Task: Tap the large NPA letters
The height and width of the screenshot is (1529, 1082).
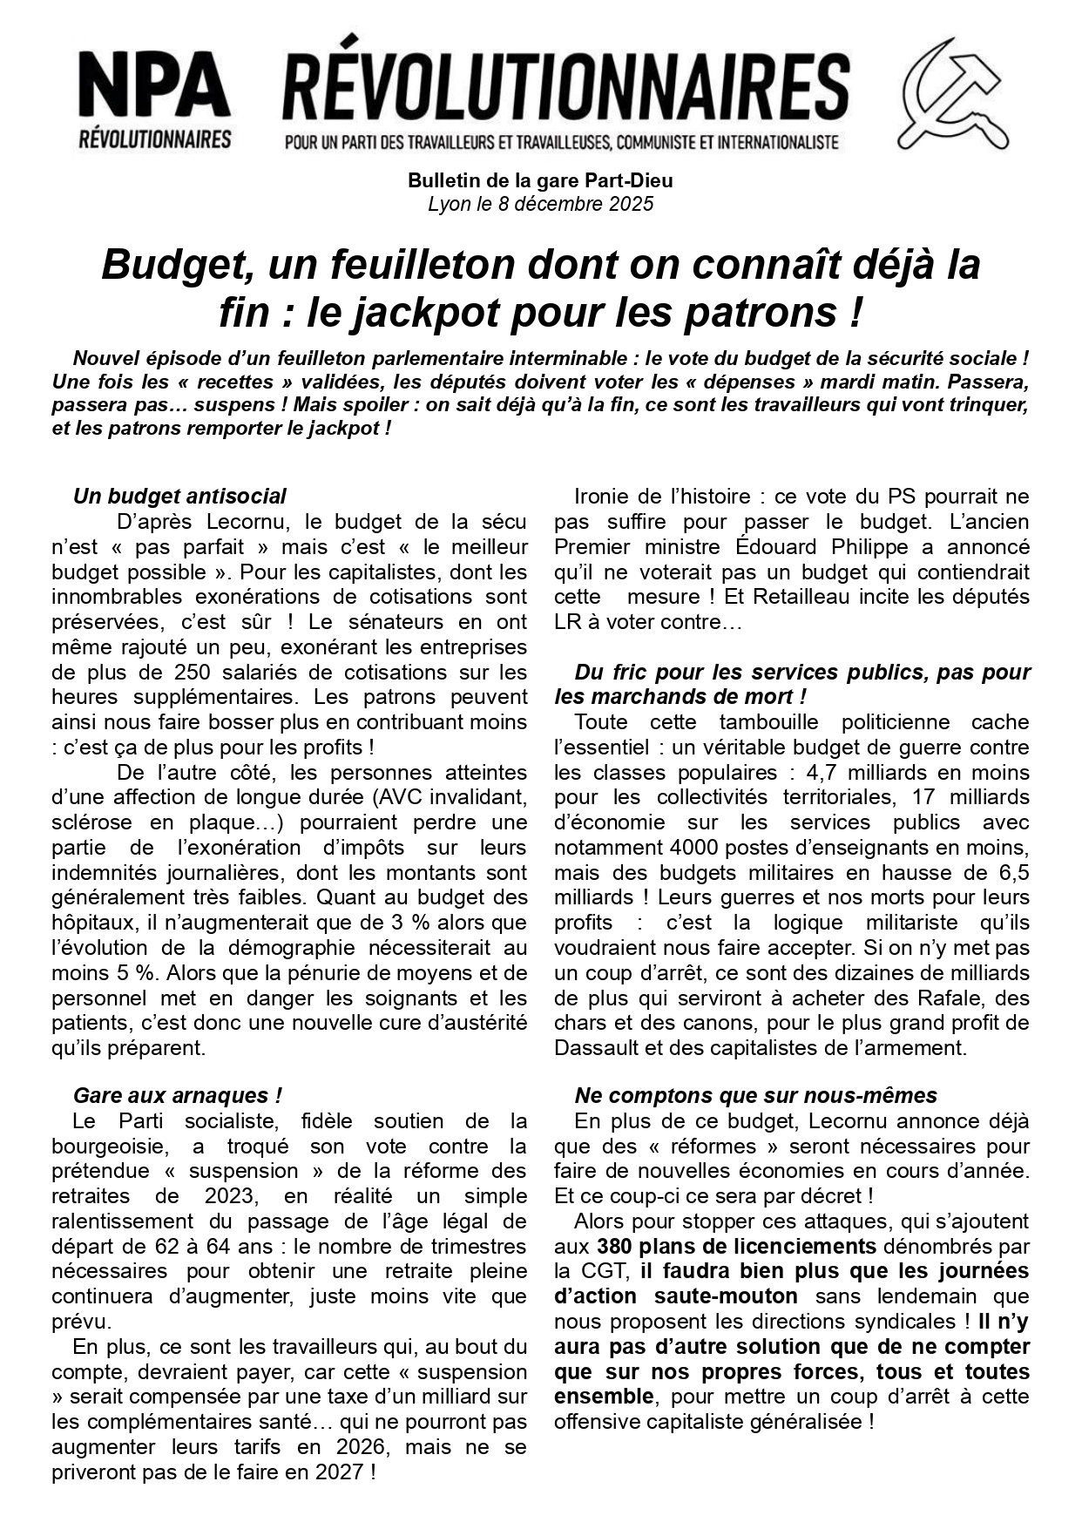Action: click(x=154, y=87)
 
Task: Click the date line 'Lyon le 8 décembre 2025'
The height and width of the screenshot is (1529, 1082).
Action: click(x=540, y=205)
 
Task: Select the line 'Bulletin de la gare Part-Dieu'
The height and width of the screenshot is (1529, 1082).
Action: click(x=540, y=181)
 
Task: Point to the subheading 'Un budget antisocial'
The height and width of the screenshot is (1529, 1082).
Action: click(x=179, y=497)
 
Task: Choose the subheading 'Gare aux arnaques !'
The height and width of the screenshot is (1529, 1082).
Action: click(x=178, y=1096)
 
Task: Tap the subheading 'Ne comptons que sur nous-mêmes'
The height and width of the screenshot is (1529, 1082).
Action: click(x=755, y=1096)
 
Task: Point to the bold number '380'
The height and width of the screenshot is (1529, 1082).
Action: click(x=614, y=1247)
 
